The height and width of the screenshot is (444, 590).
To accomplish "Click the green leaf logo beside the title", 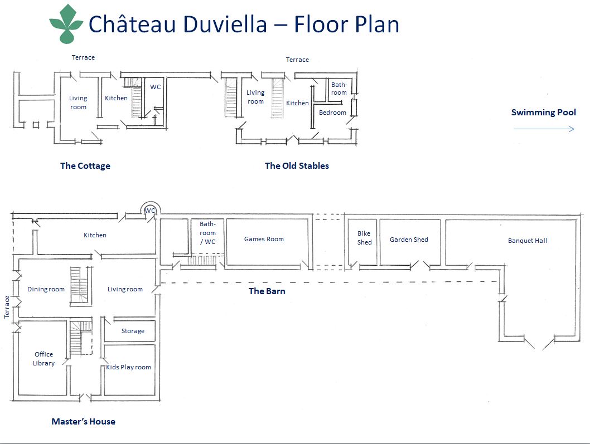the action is click(x=66, y=24).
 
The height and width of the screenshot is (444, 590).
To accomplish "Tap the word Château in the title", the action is click(x=132, y=24).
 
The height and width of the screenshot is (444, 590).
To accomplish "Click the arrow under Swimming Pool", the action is click(x=544, y=129).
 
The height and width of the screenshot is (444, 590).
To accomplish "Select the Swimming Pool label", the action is click(x=543, y=112).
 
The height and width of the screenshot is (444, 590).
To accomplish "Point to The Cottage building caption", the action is click(x=85, y=166).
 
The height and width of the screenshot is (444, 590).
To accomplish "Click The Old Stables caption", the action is click(x=297, y=166).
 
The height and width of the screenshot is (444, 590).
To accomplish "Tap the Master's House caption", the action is click(x=83, y=422).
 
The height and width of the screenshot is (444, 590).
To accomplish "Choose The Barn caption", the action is click(x=267, y=291).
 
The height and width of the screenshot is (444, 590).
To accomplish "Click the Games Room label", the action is click(x=264, y=239).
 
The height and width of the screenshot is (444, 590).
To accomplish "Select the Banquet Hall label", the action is click(x=528, y=241).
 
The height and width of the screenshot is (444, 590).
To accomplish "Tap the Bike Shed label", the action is click(x=364, y=238).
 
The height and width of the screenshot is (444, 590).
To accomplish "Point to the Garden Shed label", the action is click(x=409, y=240).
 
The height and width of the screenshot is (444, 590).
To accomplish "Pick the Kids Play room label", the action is click(x=128, y=367).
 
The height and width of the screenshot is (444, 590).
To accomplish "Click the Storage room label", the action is click(x=133, y=331).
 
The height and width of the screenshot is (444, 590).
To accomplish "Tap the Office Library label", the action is click(x=43, y=359).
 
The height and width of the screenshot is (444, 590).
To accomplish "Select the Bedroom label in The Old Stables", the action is click(x=332, y=113).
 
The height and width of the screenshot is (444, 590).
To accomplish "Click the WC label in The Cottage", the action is click(x=156, y=87).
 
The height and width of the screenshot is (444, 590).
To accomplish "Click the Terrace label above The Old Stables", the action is click(x=297, y=60).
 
